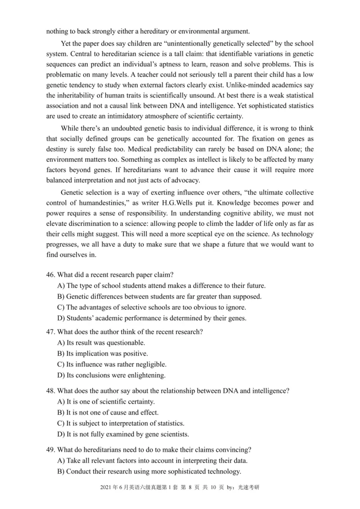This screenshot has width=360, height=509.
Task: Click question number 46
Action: tap(51, 274)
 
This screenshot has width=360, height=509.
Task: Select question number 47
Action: tap(51, 332)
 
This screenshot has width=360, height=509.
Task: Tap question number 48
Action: tap(51, 391)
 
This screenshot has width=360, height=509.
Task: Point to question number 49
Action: tap(51, 449)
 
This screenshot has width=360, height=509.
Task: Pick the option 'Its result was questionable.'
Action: tap(99, 343)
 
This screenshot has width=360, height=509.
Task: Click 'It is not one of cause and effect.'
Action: tap(107, 412)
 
